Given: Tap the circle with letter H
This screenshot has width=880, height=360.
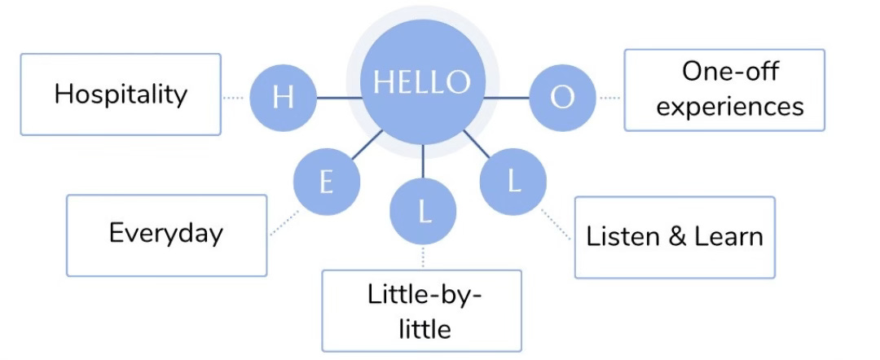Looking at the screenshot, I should [x=282, y=98].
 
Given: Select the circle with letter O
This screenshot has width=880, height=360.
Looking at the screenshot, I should [x=562, y=98].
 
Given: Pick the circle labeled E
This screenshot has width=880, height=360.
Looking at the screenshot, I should [x=326, y=182].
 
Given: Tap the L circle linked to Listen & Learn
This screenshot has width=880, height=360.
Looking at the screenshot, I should [x=513, y=181].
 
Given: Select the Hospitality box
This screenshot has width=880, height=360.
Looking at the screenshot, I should [x=121, y=94].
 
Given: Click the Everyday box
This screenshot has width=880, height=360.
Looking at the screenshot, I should [x=166, y=235].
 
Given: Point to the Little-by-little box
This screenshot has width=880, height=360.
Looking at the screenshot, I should [x=421, y=310].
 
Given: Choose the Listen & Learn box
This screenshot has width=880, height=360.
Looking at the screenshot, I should [x=675, y=237].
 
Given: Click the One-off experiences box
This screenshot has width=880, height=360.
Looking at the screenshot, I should [x=724, y=90].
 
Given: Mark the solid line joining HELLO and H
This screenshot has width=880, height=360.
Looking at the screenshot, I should [x=338, y=98].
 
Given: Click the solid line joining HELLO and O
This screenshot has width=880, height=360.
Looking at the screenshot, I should [x=507, y=98].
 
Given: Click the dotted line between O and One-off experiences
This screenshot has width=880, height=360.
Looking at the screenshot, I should [x=609, y=98].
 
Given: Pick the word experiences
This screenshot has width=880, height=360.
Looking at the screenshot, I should [x=730, y=106].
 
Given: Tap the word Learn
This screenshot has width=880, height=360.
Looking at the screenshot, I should [x=728, y=237].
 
